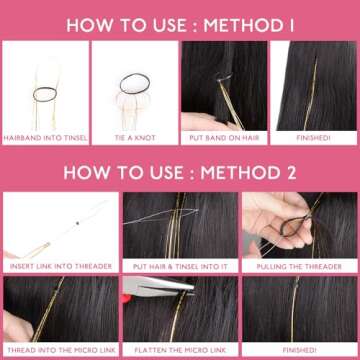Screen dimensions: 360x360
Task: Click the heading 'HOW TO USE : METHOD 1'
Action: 180,19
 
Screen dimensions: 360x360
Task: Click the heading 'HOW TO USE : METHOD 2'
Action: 180,172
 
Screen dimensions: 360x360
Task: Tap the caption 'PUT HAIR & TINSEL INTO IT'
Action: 180,267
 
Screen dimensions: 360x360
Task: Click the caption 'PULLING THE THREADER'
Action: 300,267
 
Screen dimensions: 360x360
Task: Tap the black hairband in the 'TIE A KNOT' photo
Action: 132,82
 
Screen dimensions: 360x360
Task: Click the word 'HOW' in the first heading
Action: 88,19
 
